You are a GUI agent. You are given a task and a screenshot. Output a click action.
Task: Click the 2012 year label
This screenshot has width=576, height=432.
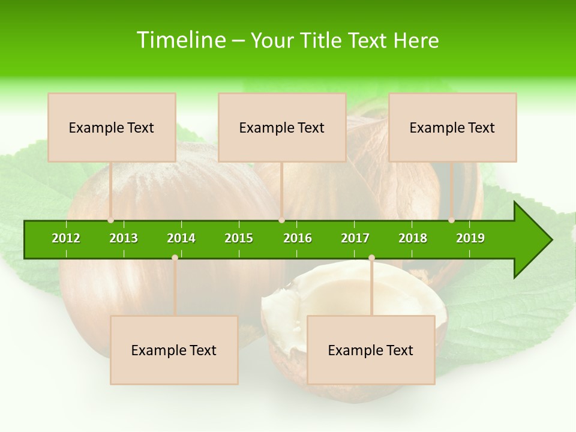tap(66, 238)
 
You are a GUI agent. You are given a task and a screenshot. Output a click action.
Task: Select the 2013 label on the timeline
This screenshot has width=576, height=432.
tap(124, 238)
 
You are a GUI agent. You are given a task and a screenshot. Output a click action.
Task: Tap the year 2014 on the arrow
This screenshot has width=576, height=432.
tap(181, 238)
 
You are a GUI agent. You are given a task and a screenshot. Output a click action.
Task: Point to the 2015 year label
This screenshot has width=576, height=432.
tap(239, 238)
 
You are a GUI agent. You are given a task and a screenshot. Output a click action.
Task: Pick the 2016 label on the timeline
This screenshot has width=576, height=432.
tap(298, 238)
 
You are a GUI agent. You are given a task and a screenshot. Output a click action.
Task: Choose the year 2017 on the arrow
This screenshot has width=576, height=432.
tap(355, 238)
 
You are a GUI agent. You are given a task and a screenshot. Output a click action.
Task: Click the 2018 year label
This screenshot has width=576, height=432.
tap(413, 238)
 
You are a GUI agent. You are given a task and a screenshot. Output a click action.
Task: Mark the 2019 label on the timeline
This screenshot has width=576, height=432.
tap(470, 238)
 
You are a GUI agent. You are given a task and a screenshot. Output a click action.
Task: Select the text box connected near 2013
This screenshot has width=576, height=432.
tap(112, 127)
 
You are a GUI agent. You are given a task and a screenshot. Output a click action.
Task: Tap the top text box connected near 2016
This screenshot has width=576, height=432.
tap(282, 127)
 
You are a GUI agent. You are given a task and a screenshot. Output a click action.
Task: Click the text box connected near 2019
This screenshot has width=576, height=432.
tap(452, 127)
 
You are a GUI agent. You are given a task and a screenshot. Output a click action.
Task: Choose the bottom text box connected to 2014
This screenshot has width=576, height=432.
tap(174, 350)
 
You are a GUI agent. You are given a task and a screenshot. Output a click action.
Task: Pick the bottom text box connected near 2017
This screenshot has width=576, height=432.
tap(371, 350)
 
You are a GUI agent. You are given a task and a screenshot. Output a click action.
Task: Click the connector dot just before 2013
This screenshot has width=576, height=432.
tap(110, 220)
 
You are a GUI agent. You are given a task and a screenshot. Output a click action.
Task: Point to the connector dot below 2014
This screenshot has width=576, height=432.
tap(175, 257)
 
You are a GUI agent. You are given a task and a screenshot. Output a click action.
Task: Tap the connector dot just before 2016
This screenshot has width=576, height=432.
tap(281, 220)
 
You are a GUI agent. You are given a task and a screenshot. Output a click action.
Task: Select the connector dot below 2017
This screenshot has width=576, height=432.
tap(371, 257)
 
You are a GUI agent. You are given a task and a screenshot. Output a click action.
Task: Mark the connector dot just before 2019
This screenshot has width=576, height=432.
tap(451, 220)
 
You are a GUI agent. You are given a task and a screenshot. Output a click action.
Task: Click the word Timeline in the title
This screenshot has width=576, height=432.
tap(181, 40)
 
